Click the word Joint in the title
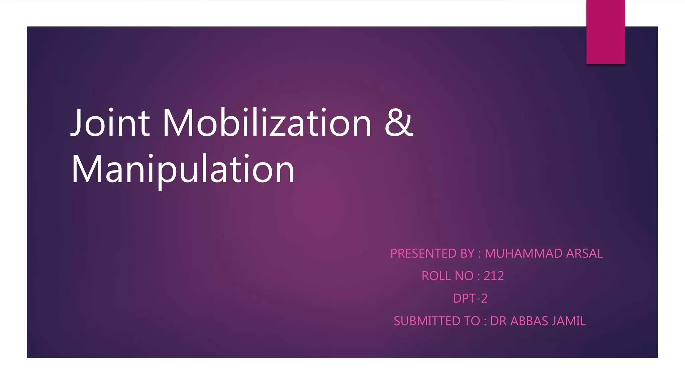tap(110, 123)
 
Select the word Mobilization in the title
tap(267, 123)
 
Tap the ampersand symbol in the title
tap(399, 123)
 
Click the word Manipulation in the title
tap(183, 169)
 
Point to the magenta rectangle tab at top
tap(605, 32)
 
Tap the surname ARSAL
tap(584, 253)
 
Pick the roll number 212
tap(494, 276)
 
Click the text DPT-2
tap(470, 298)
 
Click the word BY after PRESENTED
tap(467, 253)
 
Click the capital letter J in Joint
tap(76, 123)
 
